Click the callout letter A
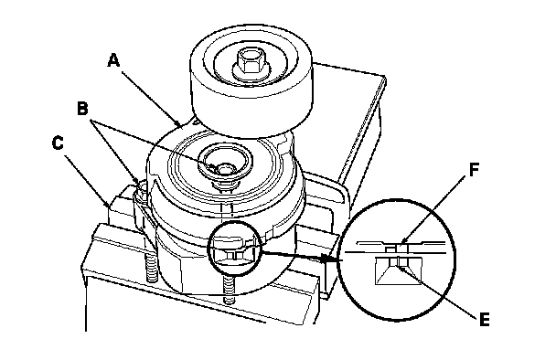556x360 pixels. point(113,60)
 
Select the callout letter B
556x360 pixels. point(82,109)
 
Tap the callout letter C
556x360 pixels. point(58,143)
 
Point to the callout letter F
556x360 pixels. point(474,170)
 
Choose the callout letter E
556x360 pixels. point(485,319)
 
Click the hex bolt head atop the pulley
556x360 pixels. point(251,60)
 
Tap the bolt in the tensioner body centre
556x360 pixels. point(223,169)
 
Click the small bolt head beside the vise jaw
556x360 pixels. point(141,189)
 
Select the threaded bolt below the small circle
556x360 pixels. point(230,291)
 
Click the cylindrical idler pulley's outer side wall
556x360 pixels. point(251,106)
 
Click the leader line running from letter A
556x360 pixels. point(151,99)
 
